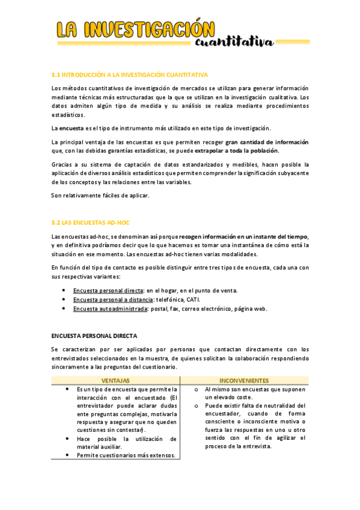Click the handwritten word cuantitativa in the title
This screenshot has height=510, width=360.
click(x=234, y=40)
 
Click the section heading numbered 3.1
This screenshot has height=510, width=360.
click(x=130, y=75)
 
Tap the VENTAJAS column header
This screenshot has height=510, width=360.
click(x=115, y=381)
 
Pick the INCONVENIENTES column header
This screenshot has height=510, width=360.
click(x=244, y=381)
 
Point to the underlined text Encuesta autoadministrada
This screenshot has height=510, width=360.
click(x=110, y=309)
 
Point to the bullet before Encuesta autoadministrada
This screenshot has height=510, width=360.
click(x=64, y=309)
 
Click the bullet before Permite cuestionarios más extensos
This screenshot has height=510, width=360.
click(x=67, y=455)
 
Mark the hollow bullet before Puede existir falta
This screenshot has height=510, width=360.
click(x=196, y=405)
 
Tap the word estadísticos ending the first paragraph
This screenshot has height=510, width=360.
click(x=69, y=115)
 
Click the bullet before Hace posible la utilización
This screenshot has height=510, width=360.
click(x=67, y=439)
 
